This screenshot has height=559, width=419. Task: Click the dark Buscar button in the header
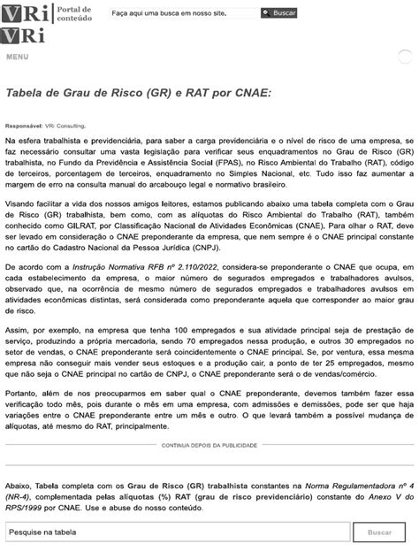(279, 13)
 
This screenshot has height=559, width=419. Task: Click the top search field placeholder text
(181, 14)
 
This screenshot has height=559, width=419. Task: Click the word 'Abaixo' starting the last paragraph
(19, 486)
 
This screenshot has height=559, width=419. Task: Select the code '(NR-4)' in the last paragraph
(22, 497)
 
